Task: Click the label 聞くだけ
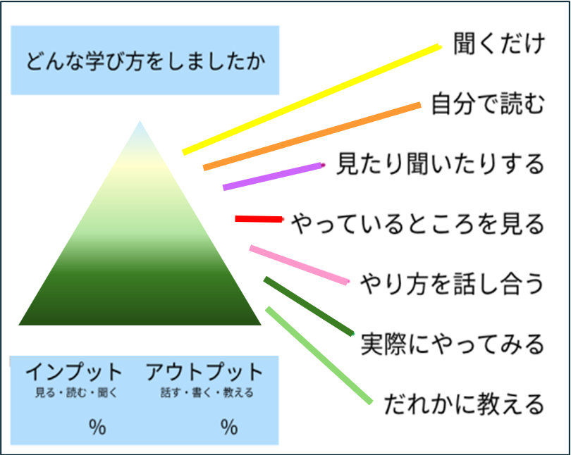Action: coord(500,44)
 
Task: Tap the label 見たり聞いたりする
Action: coord(441,164)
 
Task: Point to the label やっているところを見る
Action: coord(418,224)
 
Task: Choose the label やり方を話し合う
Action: coord(452,284)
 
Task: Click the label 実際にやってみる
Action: coord(452,344)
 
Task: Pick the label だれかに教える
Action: coord(464,404)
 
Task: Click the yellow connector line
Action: coord(310,99)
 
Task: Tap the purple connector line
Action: coord(273,176)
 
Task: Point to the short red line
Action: coord(258,220)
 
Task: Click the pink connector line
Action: coord(299,265)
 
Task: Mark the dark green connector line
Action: coord(308,306)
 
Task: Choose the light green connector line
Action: coord(319,355)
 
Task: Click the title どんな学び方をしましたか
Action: coord(145,61)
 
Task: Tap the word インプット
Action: coord(74,372)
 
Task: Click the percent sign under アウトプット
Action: coord(229,426)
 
